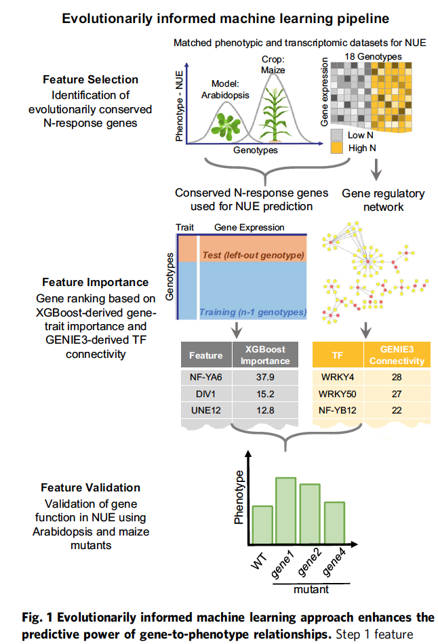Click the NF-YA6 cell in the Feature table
206,378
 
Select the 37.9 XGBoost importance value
266,378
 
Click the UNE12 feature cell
206,409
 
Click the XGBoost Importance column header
266,355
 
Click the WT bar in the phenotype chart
262,525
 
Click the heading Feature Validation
91,487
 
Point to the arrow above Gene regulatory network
374,167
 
